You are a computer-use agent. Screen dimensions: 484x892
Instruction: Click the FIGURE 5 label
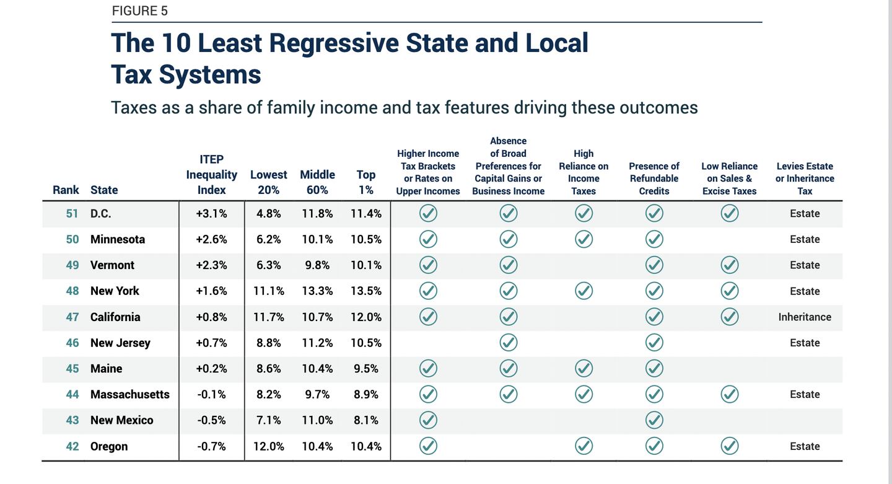pyautogui.click(x=139, y=11)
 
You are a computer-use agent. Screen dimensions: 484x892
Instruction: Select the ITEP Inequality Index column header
pyautogui.click(x=212, y=175)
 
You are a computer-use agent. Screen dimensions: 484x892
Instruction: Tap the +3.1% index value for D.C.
pyautogui.click(x=212, y=214)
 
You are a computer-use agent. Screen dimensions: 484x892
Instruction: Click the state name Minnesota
pyautogui.click(x=118, y=239)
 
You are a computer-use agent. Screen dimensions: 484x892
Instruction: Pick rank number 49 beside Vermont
pyautogui.click(x=72, y=265)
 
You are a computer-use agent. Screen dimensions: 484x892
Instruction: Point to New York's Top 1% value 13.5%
pyautogui.click(x=366, y=291)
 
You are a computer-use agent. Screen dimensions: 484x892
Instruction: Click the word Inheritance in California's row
pyautogui.click(x=805, y=317)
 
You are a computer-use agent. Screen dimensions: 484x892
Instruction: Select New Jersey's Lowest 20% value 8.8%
pyautogui.click(x=269, y=343)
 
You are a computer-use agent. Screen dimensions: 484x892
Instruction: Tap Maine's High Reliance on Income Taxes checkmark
pyautogui.click(x=584, y=369)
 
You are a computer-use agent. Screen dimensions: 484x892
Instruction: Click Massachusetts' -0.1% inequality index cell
pyautogui.click(x=212, y=395)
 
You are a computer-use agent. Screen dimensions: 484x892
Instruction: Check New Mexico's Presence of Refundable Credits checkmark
pyautogui.click(x=654, y=420)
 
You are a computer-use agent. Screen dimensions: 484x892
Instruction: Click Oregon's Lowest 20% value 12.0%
pyautogui.click(x=269, y=446)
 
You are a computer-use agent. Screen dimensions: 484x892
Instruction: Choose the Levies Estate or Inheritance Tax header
pyautogui.click(x=805, y=178)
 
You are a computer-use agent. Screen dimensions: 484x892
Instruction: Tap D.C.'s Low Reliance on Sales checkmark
pyautogui.click(x=730, y=214)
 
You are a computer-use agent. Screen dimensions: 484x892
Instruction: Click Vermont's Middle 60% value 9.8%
pyautogui.click(x=317, y=265)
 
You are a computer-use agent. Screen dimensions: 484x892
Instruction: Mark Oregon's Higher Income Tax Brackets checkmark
pyautogui.click(x=428, y=446)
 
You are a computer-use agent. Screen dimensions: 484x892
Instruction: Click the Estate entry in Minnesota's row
pyautogui.click(x=805, y=239)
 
